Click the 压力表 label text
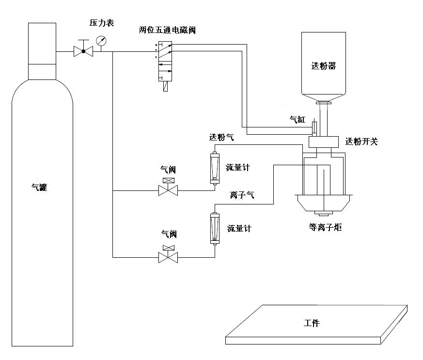(102, 23)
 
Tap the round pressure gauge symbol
(101, 41)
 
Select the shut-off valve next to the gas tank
(83, 51)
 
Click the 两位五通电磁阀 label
(167, 30)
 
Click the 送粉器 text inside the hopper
(323, 66)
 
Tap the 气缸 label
(298, 119)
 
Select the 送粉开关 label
(361, 141)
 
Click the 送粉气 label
(221, 138)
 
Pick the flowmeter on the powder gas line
(214, 168)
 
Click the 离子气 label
(242, 196)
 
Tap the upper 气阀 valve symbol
(168, 189)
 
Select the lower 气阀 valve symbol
(168, 255)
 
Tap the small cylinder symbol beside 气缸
(314, 127)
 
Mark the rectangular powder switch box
(324, 142)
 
